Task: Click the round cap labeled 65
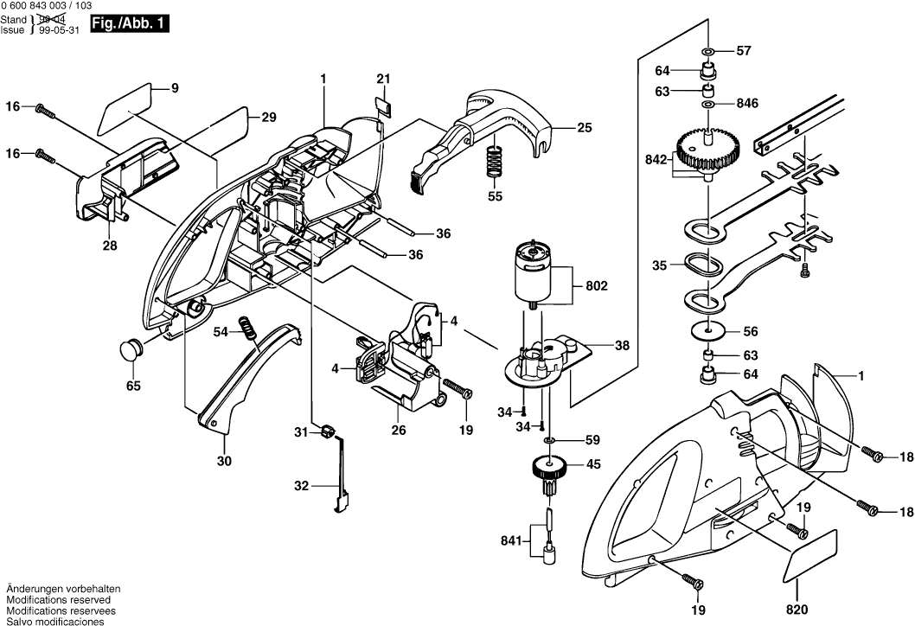(131, 351)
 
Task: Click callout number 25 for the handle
(585, 128)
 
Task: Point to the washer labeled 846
(707, 104)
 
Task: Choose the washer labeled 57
(707, 51)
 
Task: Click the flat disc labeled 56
(708, 330)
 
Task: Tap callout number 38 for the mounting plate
(622, 345)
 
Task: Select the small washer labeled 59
(548, 439)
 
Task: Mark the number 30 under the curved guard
(224, 462)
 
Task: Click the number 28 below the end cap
(110, 246)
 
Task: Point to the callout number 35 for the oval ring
(660, 266)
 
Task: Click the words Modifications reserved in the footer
(58, 599)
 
